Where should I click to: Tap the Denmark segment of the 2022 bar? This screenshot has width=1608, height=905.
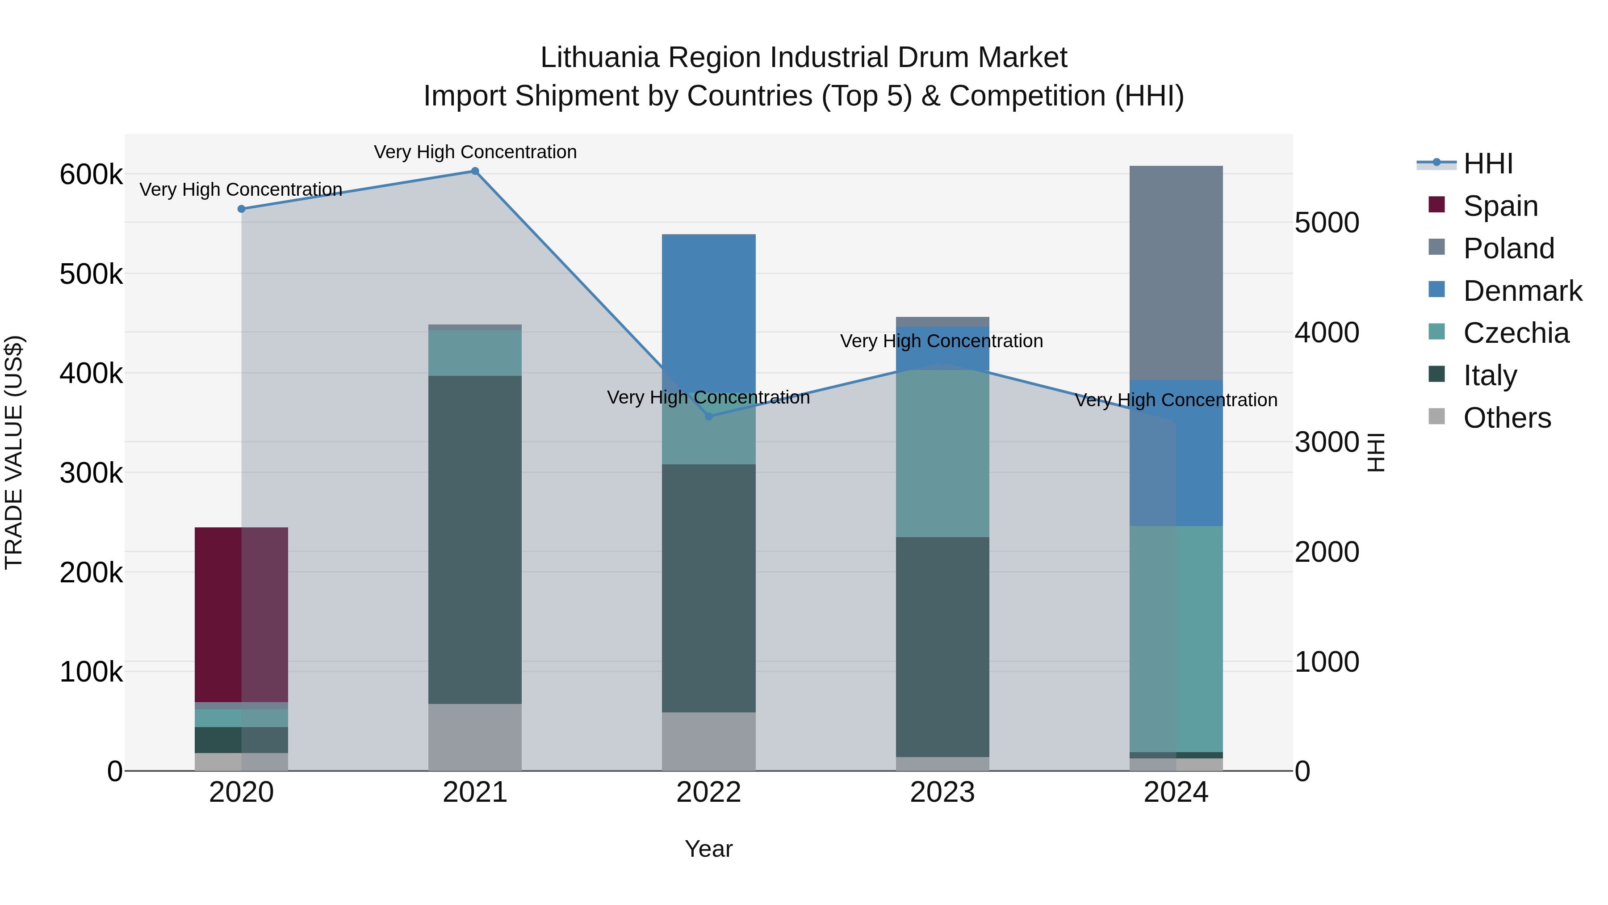click(x=708, y=312)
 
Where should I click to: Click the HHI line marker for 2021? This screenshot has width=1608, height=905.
click(x=475, y=171)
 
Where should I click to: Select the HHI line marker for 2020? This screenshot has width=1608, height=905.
click(x=242, y=209)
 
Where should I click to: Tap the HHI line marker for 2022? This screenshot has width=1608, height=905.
click(x=708, y=417)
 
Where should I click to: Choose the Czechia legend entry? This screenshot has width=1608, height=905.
click(x=1516, y=333)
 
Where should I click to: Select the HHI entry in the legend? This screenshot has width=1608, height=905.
click(x=1488, y=164)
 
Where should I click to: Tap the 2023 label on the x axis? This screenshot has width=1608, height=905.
click(x=942, y=792)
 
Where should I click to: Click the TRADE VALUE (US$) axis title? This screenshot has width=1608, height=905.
click(x=14, y=452)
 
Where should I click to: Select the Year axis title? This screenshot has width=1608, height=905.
click(x=708, y=849)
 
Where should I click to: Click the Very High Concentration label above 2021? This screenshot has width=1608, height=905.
click(x=475, y=152)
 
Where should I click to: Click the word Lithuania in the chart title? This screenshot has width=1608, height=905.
click(x=599, y=58)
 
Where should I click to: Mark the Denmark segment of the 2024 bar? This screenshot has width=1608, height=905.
click(x=1176, y=452)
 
